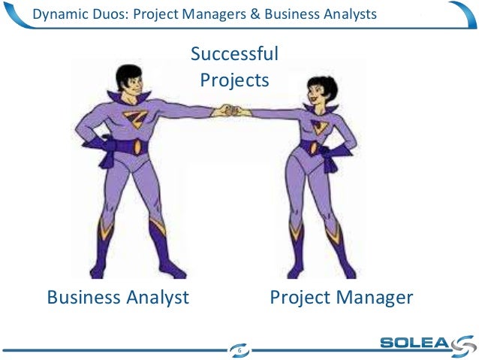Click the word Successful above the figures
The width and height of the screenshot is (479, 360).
coord(234,54)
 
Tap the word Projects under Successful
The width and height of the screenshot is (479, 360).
coord(234,79)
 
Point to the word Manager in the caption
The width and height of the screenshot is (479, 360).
coord(372,298)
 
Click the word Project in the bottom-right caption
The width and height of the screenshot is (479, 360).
coord(297,298)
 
